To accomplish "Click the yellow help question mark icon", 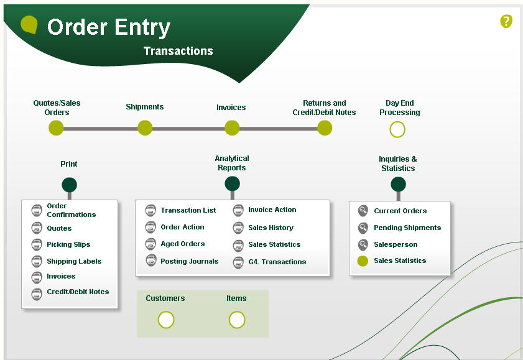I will pyautogui.click(x=506, y=22).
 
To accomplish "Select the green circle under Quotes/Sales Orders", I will pyautogui.click(x=56, y=128).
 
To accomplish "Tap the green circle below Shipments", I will pyautogui.click(x=145, y=128).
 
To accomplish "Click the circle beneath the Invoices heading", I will pyautogui.click(x=232, y=128).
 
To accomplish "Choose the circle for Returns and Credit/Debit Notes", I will pyautogui.click(x=325, y=128).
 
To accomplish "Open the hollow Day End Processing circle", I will pyautogui.click(x=397, y=129).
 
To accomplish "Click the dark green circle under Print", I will pyautogui.click(x=69, y=185).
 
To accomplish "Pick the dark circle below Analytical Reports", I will pyautogui.click(x=232, y=183).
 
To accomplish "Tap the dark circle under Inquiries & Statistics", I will pyautogui.click(x=398, y=184).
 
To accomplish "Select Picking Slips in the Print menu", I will pyautogui.click(x=68, y=244).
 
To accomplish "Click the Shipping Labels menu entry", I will pyautogui.click(x=74, y=261).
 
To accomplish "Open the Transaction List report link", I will pyautogui.click(x=188, y=210).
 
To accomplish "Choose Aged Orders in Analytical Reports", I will pyautogui.click(x=182, y=244).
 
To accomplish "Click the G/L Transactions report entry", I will pyautogui.click(x=277, y=262).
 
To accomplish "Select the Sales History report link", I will pyautogui.click(x=271, y=228).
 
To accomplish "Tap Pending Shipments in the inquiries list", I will pyautogui.click(x=407, y=228).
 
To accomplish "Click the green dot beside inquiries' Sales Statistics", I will pyautogui.click(x=363, y=261).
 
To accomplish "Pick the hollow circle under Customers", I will pyautogui.click(x=166, y=320).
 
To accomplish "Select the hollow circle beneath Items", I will pyautogui.click(x=237, y=320).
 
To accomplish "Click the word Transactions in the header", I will pyautogui.click(x=178, y=51).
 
